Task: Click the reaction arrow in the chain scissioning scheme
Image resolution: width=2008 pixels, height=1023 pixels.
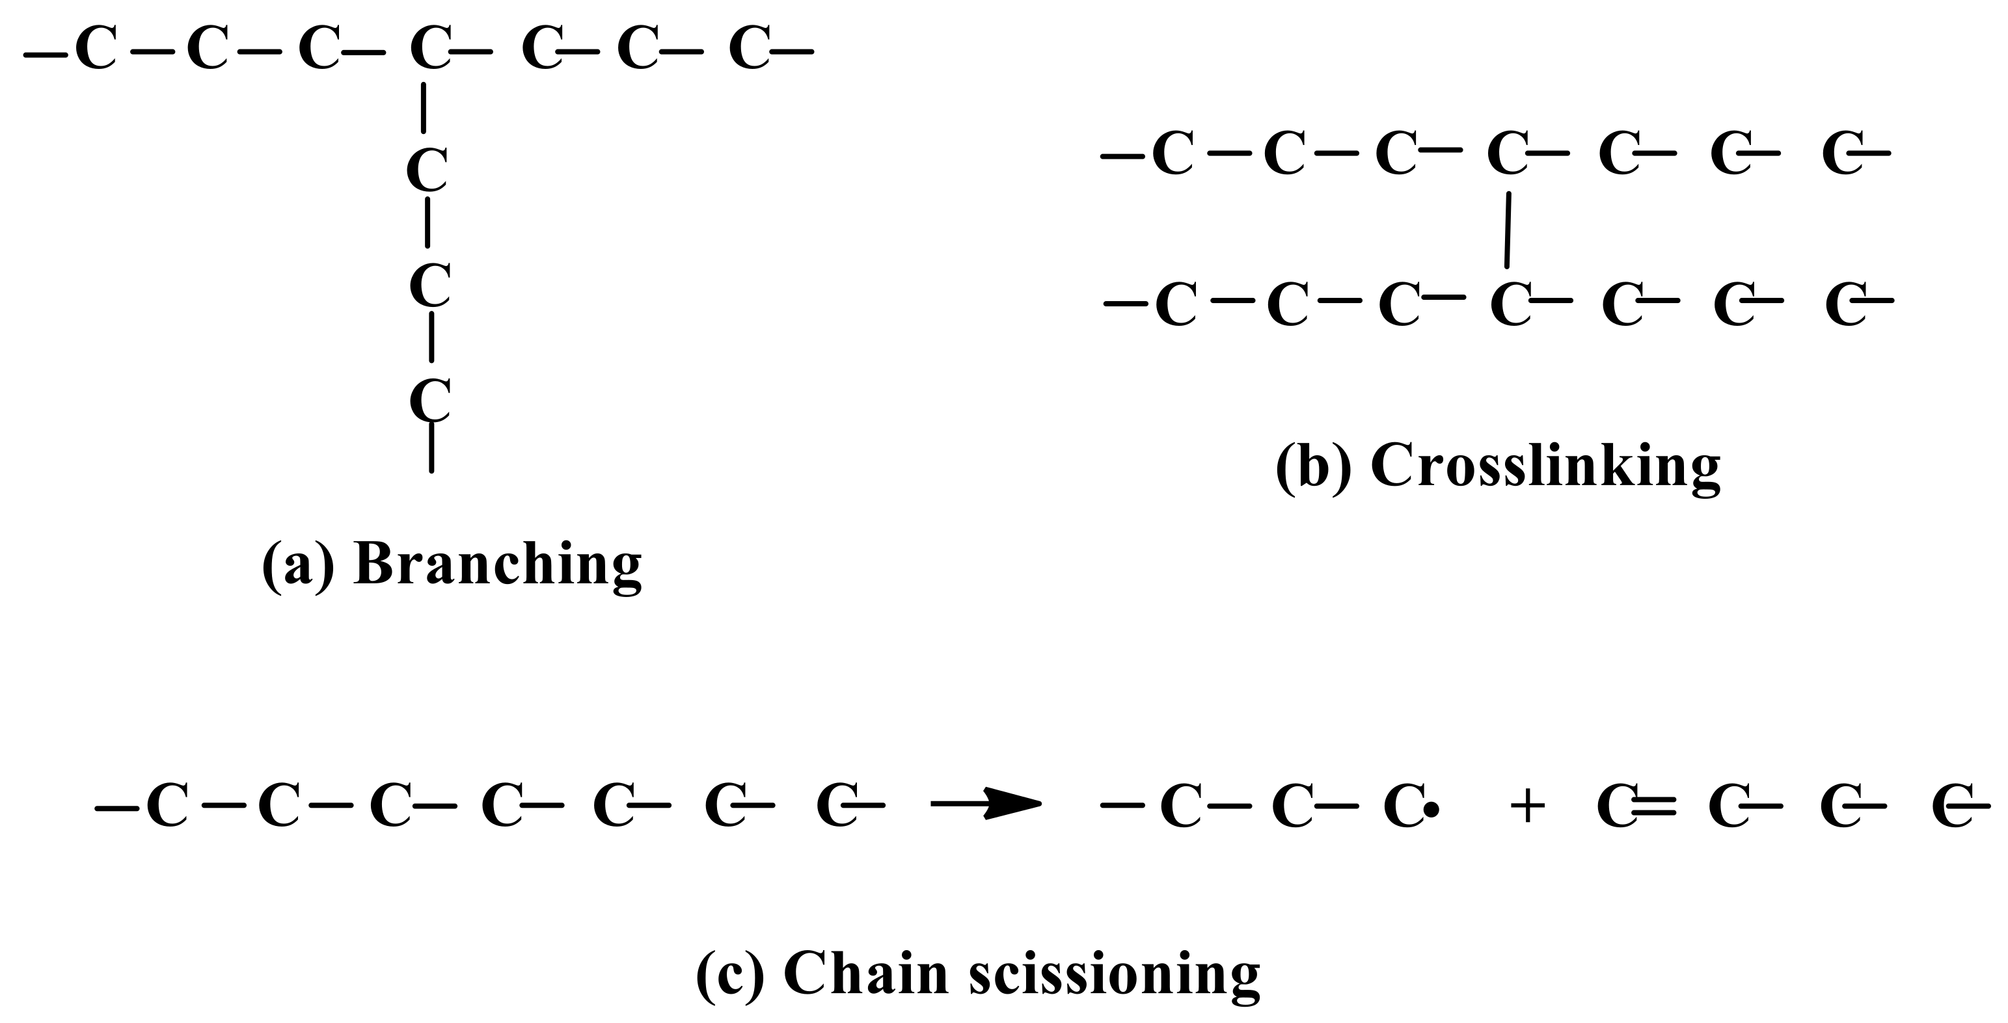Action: click(x=986, y=804)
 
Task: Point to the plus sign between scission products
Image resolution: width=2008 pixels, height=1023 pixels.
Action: click(x=1527, y=807)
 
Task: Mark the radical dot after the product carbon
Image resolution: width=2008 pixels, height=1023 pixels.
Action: click(x=1431, y=811)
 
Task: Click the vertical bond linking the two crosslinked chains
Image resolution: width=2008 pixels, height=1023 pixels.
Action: click(x=1508, y=230)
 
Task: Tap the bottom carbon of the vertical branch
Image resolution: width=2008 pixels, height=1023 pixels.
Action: click(x=429, y=400)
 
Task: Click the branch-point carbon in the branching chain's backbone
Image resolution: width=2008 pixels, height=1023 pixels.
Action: click(x=429, y=48)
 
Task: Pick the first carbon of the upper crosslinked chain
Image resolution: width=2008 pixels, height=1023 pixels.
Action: click(x=1173, y=153)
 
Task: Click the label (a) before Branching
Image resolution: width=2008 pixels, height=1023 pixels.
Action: click(x=298, y=565)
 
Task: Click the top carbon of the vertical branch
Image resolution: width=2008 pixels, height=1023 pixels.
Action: click(x=427, y=169)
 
